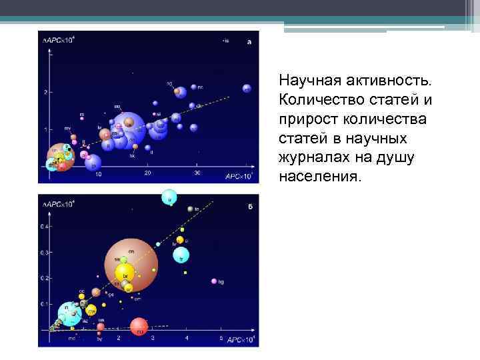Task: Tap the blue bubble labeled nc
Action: [193, 87]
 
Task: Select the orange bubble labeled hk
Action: [135, 147]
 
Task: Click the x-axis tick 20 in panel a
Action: [147, 174]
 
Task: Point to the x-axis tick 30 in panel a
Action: [197, 174]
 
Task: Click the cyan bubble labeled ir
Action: [170, 197]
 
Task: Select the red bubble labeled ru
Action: [139, 327]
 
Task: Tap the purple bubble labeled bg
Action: [214, 281]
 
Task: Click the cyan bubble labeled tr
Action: [181, 255]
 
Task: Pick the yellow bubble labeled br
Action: [125, 273]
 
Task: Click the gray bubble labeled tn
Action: [189, 209]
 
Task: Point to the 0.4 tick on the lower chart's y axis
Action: [44, 227]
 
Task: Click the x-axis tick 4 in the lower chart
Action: [187, 339]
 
